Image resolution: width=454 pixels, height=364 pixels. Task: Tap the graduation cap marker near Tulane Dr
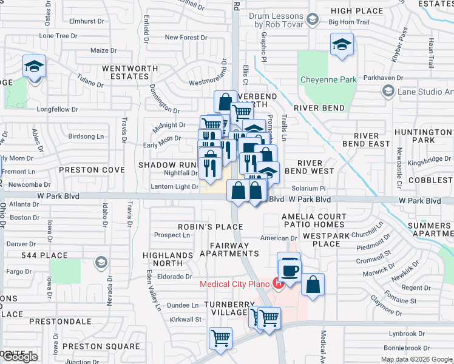35,66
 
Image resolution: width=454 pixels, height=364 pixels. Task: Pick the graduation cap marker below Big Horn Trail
342,45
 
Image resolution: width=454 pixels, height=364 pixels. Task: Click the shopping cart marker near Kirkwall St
220,338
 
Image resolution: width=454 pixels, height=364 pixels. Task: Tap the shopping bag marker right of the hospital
313,285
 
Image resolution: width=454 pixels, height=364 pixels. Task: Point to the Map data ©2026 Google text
416,359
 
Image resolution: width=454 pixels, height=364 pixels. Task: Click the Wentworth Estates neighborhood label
126,73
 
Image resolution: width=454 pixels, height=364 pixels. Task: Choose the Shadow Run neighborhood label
168,165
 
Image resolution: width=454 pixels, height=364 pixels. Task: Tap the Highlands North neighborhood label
163,260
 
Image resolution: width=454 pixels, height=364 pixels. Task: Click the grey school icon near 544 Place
101,262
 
